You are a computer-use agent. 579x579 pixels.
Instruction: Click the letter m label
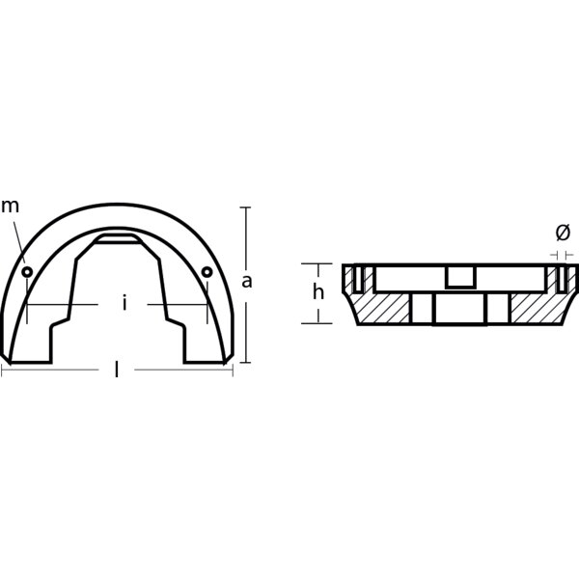10,206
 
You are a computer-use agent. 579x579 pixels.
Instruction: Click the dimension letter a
247,282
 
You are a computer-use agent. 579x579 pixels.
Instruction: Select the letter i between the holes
124,304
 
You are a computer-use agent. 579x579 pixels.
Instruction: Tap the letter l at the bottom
117,371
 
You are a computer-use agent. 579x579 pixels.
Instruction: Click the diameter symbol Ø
563,233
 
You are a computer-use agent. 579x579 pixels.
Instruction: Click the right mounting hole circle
207,272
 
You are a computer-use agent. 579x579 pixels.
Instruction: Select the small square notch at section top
460,277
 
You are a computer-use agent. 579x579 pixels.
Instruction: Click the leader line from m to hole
20,241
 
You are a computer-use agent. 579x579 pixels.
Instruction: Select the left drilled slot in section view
358,279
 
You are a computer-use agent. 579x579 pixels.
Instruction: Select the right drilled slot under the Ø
561,279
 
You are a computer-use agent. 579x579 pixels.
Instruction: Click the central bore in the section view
460,309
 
